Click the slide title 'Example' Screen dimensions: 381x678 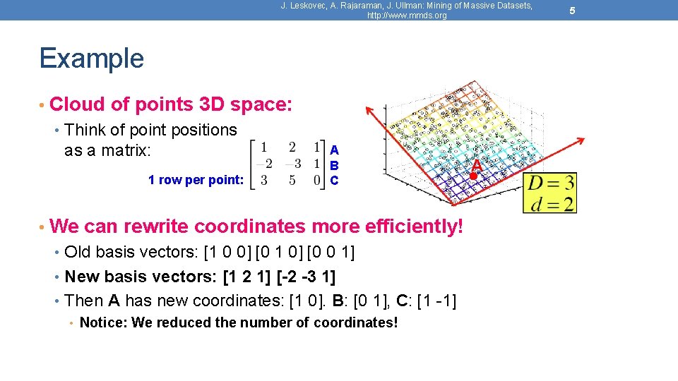(x=91, y=58)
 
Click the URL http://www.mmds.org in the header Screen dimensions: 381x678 (x=407, y=16)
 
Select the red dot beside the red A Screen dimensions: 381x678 (x=474, y=174)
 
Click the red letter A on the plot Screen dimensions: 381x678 (x=477, y=165)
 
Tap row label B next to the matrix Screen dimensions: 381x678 (x=334, y=165)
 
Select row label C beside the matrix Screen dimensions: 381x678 (x=334, y=181)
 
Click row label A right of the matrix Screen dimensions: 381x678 (x=334, y=150)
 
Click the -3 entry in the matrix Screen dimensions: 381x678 (x=292, y=164)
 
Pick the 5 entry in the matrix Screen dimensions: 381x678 (x=292, y=180)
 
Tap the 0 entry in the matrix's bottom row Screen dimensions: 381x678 (x=316, y=180)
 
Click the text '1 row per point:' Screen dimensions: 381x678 (x=196, y=180)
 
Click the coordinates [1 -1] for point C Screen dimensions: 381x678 (x=436, y=301)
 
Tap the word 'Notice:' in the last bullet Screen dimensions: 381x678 (x=100, y=323)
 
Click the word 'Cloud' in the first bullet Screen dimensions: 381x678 (x=78, y=104)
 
